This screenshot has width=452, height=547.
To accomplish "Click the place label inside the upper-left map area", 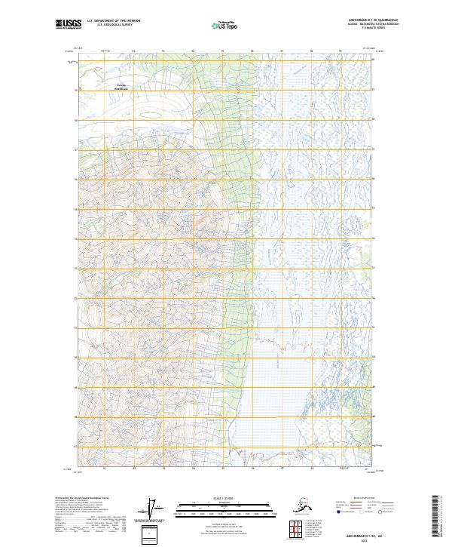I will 121,87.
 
